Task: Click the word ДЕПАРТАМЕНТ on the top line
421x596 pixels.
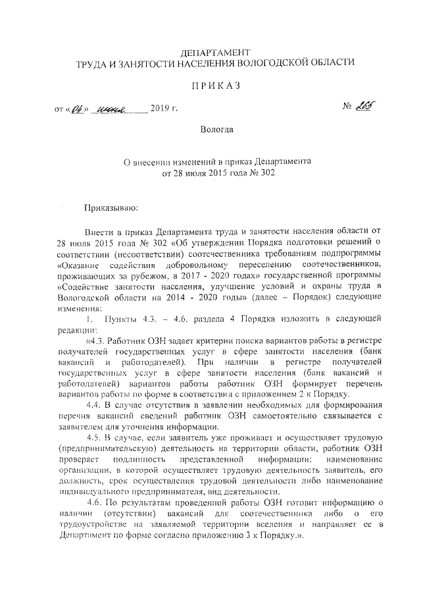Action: click(215, 51)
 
